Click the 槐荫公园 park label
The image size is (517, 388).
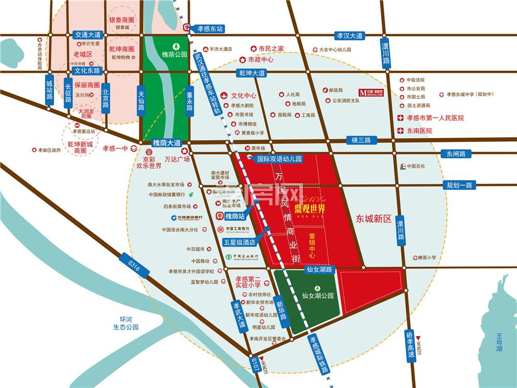pos(174,54)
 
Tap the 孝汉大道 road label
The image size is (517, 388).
pos(350,36)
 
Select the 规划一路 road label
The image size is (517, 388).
pos(460,185)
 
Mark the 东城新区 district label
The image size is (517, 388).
pos(374,219)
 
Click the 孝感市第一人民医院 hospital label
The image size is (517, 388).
pos(434,118)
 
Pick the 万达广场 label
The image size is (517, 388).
pos(177,159)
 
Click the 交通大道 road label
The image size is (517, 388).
pos(88,35)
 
